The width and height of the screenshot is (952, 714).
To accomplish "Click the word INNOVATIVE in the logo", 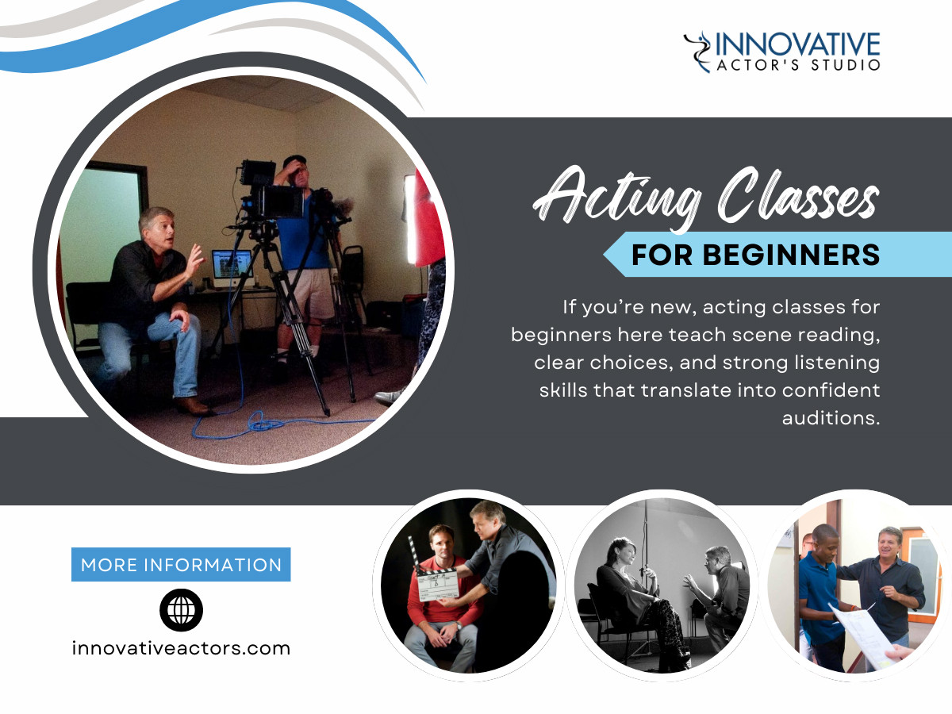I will click(x=797, y=43).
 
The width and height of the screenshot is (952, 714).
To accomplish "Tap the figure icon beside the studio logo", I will click(x=697, y=52).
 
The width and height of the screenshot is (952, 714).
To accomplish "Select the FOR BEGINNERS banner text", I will click(x=755, y=255).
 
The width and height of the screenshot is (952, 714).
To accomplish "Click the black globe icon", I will click(x=181, y=610).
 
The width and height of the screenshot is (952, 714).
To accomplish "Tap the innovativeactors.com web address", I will click(x=181, y=648).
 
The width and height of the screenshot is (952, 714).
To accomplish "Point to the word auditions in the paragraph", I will click(x=831, y=418).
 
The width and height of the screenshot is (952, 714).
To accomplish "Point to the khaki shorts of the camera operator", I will click(x=310, y=294).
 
